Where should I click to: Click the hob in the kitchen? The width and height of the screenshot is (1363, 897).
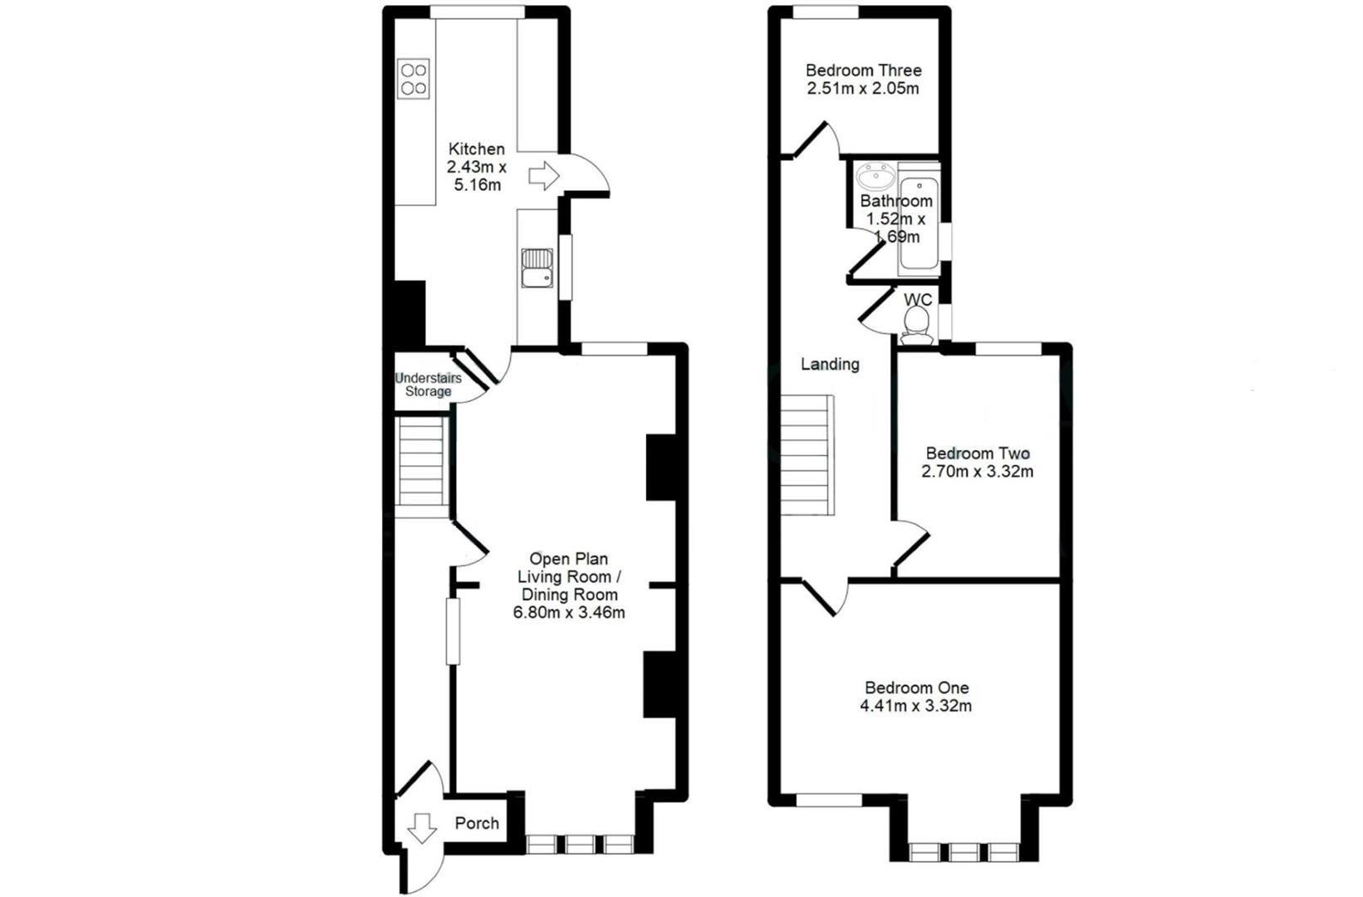[x=413, y=79]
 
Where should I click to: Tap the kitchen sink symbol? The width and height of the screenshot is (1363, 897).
[x=537, y=267]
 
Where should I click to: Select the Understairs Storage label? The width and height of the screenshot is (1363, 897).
[x=428, y=385]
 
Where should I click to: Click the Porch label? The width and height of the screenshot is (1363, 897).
[x=477, y=823]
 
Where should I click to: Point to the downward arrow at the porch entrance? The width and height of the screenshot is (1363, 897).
[x=422, y=828]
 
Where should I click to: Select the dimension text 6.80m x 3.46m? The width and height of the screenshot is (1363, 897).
[x=569, y=613]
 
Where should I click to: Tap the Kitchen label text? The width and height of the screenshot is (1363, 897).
[x=477, y=149]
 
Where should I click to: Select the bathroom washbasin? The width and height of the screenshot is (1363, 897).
[x=875, y=177]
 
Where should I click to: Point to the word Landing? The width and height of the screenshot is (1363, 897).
[x=830, y=364]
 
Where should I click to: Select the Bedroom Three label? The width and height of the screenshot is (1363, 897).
[x=863, y=71]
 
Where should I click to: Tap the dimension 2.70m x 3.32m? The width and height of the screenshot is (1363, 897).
[x=978, y=472]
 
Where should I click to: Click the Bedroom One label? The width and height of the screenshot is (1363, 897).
[x=916, y=688]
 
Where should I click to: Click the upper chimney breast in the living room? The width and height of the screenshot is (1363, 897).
[x=661, y=468]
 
